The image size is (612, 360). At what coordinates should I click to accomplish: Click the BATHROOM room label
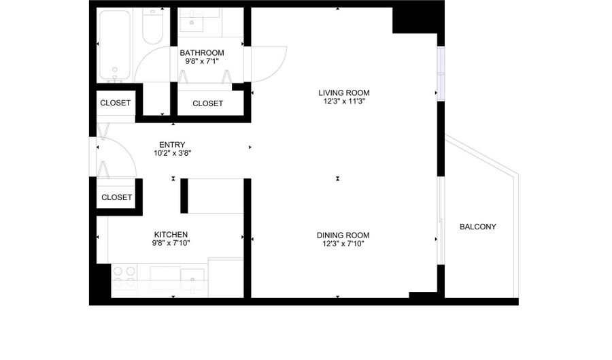click(x=202, y=52)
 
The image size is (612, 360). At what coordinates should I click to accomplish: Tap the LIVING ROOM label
click(x=344, y=93)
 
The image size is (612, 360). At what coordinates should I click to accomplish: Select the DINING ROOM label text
click(x=343, y=235)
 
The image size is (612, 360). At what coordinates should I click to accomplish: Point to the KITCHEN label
click(x=171, y=235)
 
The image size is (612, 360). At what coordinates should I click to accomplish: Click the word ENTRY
click(x=172, y=145)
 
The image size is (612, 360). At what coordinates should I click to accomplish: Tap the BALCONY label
click(x=478, y=227)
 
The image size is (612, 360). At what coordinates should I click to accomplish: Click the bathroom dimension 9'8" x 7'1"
click(x=202, y=61)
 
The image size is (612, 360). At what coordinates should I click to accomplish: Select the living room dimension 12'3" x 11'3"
click(x=344, y=101)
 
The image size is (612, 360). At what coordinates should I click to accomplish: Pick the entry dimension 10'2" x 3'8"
click(x=172, y=153)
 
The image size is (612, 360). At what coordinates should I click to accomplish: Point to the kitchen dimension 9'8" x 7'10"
click(x=171, y=243)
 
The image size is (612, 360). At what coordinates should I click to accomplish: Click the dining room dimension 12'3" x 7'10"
click(x=343, y=244)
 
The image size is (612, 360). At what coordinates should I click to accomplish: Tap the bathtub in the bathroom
click(x=114, y=46)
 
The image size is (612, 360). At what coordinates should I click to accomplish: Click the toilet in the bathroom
click(x=152, y=27)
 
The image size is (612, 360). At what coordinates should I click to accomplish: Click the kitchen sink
click(x=192, y=280)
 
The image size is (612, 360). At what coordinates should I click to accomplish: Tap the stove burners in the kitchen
click(x=124, y=277)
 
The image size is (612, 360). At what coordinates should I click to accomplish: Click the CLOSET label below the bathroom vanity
click(x=207, y=103)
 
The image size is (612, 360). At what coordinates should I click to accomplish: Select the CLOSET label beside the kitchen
click(x=116, y=197)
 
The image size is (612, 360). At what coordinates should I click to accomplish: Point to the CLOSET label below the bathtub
click(x=115, y=103)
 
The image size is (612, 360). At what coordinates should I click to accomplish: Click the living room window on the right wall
click(x=441, y=73)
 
